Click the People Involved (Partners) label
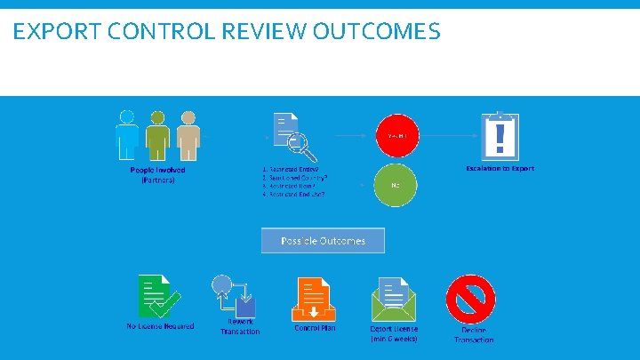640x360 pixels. (x=158, y=174)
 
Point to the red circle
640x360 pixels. (x=396, y=136)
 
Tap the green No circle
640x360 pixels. (x=396, y=186)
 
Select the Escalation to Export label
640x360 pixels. (x=500, y=168)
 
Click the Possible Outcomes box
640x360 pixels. (x=324, y=241)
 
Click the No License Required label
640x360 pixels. (x=160, y=326)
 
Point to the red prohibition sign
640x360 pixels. (x=470, y=298)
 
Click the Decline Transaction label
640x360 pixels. (x=474, y=335)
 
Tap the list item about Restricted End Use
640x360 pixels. (x=293, y=194)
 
